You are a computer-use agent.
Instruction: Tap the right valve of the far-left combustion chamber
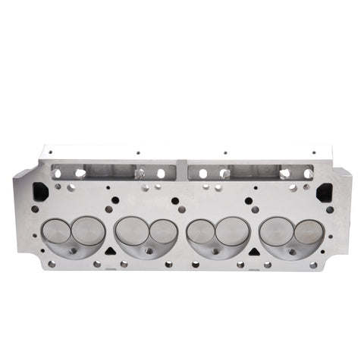click(x=88, y=230)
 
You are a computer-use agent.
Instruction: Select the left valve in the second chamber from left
click(x=130, y=230)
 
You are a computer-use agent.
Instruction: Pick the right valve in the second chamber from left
click(x=162, y=231)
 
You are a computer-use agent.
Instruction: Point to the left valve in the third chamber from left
click(x=201, y=231)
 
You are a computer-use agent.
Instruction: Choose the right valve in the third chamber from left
click(x=233, y=230)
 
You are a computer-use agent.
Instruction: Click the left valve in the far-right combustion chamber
click(x=275, y=231)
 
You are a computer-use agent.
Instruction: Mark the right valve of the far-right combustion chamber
click(x=307, y=231)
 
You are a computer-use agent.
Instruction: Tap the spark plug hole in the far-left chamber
click(x=73, y=250)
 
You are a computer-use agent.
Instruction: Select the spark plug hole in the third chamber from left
click(x=218, y=251)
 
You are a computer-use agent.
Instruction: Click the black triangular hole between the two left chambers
click(x=110, y=248)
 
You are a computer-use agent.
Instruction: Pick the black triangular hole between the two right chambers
click(x=254, y=248)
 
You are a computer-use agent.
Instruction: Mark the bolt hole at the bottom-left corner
click(x=51, y=264)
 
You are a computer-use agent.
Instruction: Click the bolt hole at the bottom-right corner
click(x=312, y=265)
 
